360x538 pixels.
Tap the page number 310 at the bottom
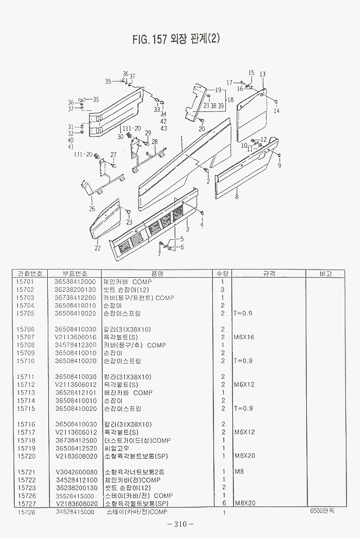(180, 524)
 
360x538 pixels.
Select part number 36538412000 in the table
(75, 282)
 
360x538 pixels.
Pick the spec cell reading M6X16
(244, 337)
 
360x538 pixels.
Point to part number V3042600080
(76, 472)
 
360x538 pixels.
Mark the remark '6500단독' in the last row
(323, 511)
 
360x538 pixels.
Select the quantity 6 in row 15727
(223, 503)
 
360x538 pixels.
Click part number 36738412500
(76, 440)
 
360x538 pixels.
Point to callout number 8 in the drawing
(237, 198)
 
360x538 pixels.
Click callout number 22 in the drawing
(97, 248)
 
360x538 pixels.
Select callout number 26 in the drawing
(92, 209)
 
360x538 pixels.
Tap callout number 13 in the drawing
(262, 74)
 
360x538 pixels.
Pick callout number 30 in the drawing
(120, 136)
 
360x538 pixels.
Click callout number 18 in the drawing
(230, 100)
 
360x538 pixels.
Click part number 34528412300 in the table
(75, 345)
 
